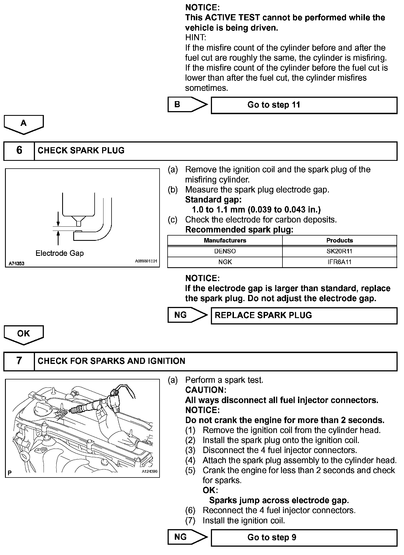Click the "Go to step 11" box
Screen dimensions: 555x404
click(304, 105)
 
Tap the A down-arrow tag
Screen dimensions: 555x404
click(24, 124)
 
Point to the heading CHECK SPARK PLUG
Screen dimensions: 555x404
click(81, 151)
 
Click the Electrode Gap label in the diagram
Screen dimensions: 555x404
click(59, 253)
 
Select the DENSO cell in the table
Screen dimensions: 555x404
click(225, 251)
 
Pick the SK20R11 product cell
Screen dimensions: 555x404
click(339, 251)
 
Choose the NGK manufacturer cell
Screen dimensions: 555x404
click(225, 262)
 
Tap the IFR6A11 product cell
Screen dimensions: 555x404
click(339, 262)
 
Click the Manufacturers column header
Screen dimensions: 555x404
click(225, 241)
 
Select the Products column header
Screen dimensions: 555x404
click(339, 241)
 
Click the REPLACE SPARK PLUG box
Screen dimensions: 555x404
click(304, 315)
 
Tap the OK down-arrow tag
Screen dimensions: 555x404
click(24, 334)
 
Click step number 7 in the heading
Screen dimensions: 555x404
click(19, 361)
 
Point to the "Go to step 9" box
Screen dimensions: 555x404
click(304, 537)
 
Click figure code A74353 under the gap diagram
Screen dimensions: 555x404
click(16, 264)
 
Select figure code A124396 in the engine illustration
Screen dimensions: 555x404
click(150, 471)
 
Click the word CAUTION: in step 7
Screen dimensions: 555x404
click(206, 390)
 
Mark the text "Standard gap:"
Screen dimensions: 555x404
click(213, 200)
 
